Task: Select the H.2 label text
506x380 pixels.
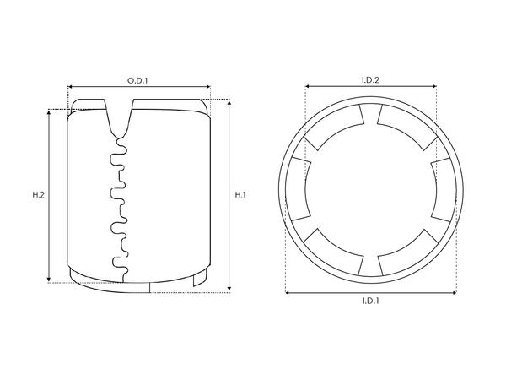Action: click(x=38, y=195)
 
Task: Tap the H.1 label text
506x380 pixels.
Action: click(x=240, y=195)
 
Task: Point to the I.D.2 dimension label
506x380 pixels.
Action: click(x=370, y=79)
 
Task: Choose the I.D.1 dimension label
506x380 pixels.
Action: click(x=370, y=301)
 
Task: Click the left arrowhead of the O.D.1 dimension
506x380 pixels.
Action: click(x=71, y=86)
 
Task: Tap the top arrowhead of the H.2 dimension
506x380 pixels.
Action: click(x=50, y=111)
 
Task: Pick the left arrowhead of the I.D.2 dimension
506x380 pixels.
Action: click(x=307, y=86)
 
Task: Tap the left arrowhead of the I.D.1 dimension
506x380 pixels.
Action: click(x=288, y=293)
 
